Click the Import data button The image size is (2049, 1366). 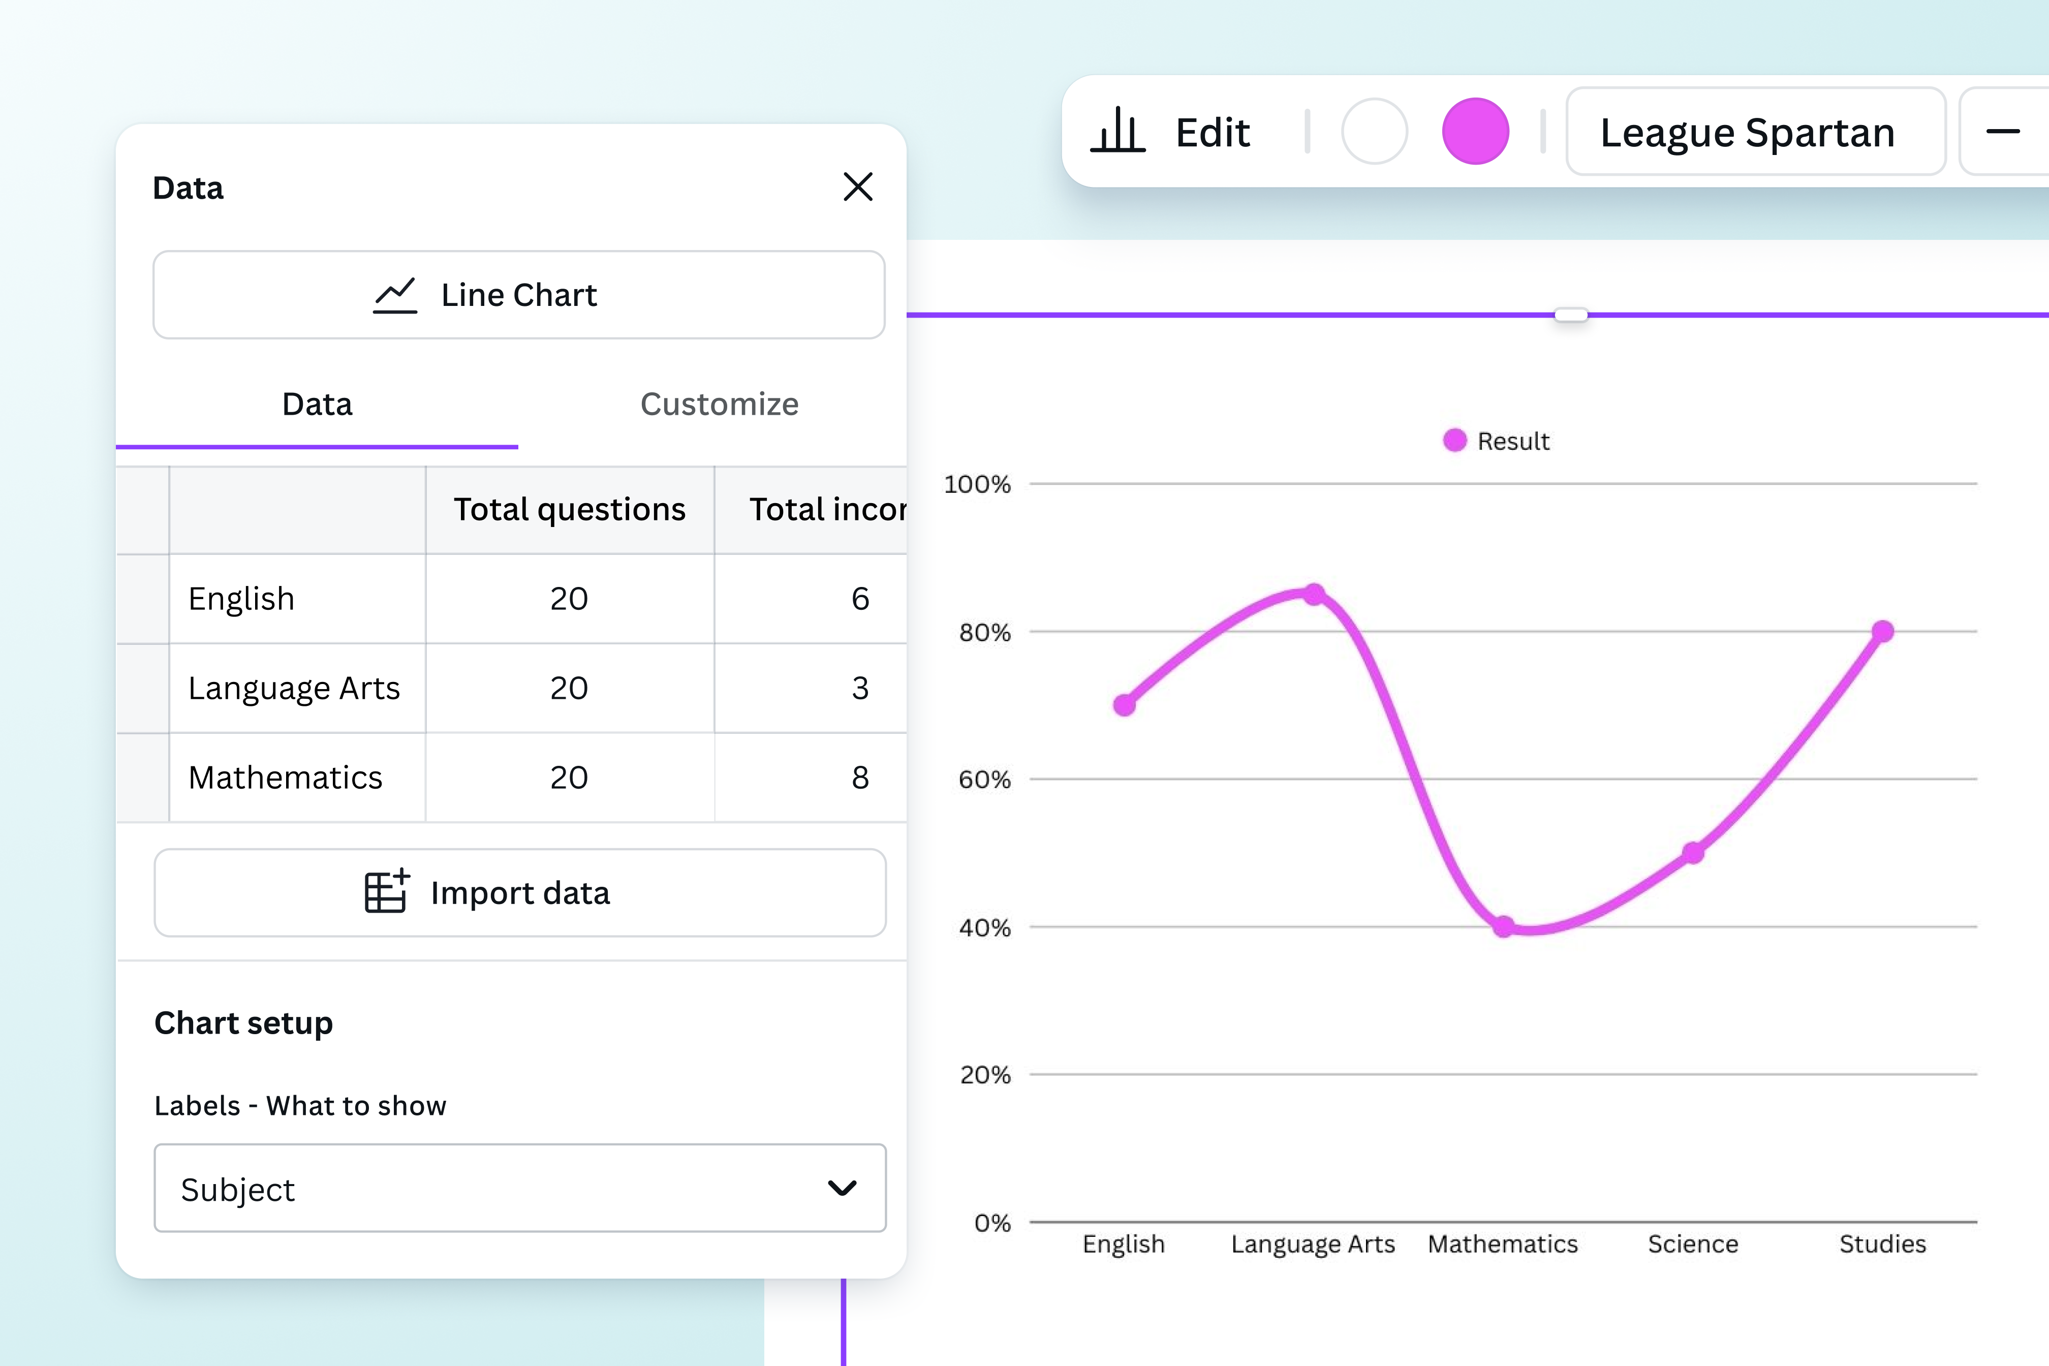click(520, 893)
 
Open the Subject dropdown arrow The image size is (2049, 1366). click(842, 1188)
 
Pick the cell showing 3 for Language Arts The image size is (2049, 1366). click(860, 688)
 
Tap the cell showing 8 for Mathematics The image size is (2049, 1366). click(860, 777)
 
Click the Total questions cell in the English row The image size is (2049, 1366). click(569, 599)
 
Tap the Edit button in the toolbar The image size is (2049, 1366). click(1172, 133)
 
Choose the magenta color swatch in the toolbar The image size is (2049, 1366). click(1475, 132)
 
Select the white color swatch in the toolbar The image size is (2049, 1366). click(1374, 132)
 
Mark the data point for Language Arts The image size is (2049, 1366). click(1314, 594)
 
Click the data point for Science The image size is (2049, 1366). click(1693, 853)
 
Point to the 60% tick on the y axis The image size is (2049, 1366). click(984, 779)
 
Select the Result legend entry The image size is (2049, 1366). click(1497, 441)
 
